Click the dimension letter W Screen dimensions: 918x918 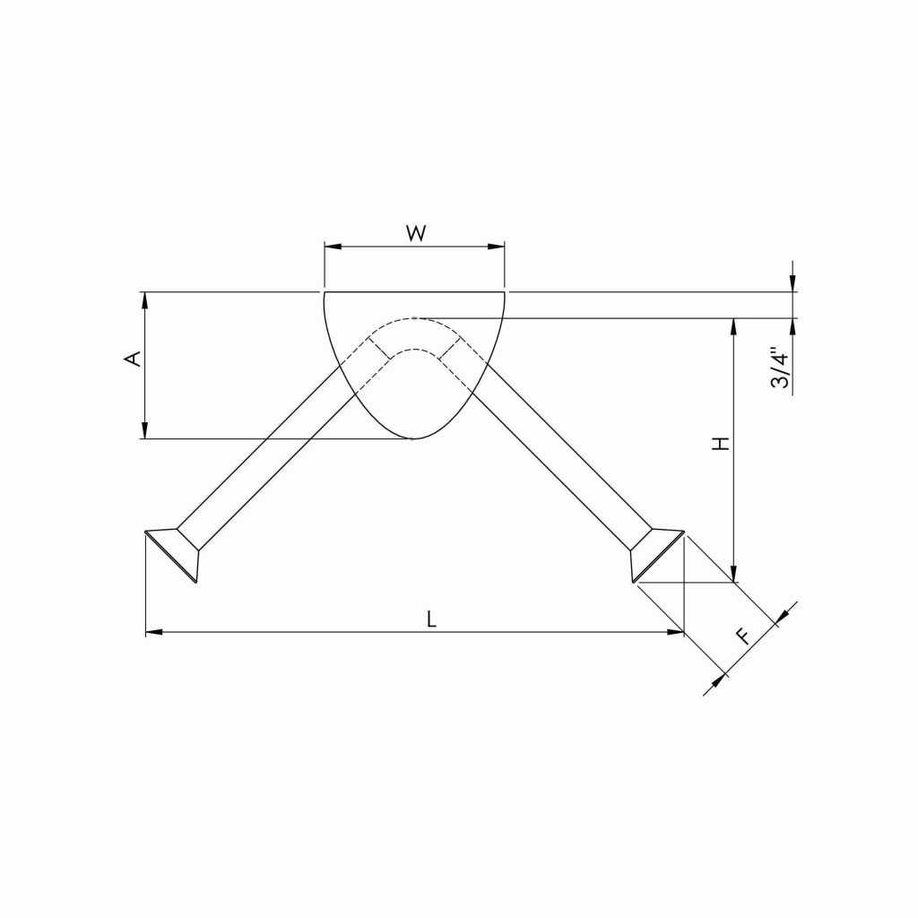pos(415,234)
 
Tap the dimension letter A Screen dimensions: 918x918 pos(133,359)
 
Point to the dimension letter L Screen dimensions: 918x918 pos(432,619)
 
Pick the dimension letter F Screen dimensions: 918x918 pos(743,637)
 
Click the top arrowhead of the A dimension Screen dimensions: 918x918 pos(143,299)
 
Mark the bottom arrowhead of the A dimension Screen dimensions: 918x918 pos(143,431)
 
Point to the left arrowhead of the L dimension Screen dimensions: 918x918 pos(153,633)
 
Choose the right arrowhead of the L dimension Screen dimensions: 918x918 pos(676,633)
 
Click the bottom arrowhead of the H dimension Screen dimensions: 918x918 pos(734,574)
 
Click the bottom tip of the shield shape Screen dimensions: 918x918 pos(413,438)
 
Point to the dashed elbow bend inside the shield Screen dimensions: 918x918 pos(414,334)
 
